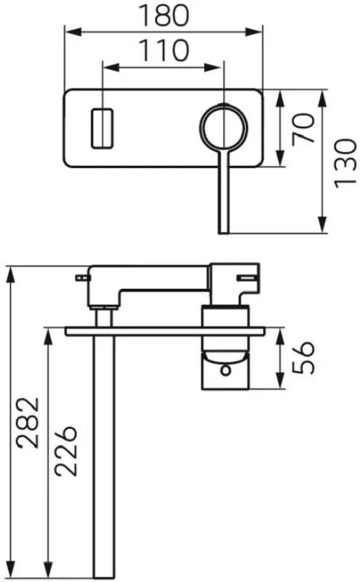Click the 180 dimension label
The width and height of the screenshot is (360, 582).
point(164,15)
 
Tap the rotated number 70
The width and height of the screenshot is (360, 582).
point(303,129)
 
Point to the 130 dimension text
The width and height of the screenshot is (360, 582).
point(345,163)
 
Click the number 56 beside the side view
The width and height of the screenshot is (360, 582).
point(303,357)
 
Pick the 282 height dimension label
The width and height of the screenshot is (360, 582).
point(28,423)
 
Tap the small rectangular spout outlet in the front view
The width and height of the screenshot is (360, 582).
point(102,128)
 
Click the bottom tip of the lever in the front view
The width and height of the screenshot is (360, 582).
point(224,233)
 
